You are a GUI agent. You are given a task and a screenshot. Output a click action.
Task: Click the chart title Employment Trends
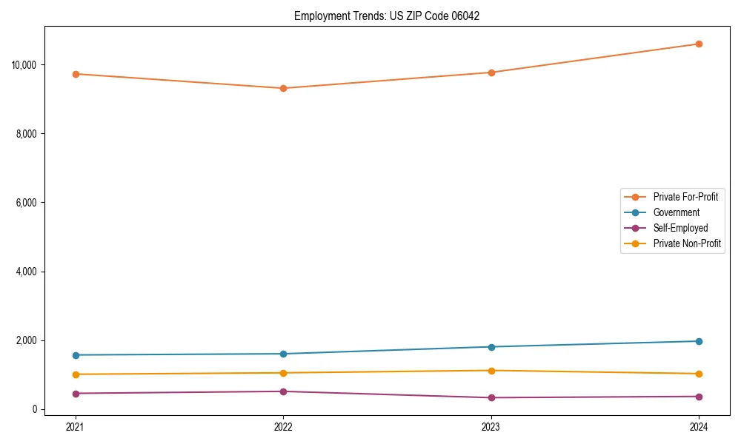click(x=387, y=16)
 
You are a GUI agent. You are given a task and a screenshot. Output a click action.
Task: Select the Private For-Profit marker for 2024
click(x=699, y=44)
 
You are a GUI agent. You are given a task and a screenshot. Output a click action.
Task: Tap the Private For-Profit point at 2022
click(x=283, y=88)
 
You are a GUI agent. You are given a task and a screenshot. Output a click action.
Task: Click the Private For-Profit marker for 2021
click(x=76, y=74)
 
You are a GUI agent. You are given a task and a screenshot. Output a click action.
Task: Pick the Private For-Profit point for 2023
click(x=491, y=73)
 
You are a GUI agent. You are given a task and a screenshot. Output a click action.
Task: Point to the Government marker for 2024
click(x=699, y=341)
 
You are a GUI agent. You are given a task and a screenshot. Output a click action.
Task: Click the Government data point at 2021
click(x=76, y=355)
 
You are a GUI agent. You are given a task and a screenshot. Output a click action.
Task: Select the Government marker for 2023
click(x=491, y=347)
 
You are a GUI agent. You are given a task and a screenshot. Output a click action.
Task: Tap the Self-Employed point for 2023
click(x=491, y=398)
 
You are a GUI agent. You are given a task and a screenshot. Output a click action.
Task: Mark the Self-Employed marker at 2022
click(x=283, y=391)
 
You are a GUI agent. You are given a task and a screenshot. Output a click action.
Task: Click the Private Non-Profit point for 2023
click(x=491, y=371)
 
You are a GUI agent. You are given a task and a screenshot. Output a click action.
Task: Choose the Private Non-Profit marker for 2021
click(x=76, y=374)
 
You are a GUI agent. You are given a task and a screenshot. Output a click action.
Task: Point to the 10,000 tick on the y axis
click(x=24, y=65)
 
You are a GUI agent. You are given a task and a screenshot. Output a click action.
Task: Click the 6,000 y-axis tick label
click(x=27, y=203)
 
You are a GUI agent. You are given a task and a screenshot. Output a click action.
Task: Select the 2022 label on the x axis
click(x=283, y=426)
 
